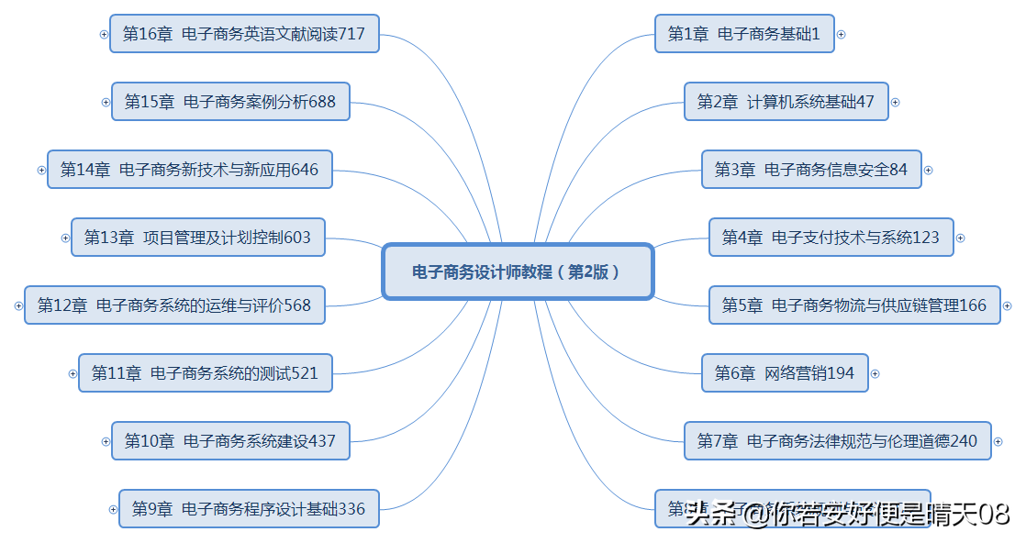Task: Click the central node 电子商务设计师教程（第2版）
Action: click(x=517, y=271)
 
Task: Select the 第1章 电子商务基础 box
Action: click(x=743, y=34)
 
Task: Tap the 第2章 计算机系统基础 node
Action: click(x=786, y=102)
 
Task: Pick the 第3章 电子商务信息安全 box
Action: click(x=810, y=170)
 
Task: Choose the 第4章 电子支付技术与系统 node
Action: click(x=831, y=238)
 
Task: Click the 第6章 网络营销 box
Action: click(x=784, y=373)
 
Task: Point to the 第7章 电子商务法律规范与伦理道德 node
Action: click(x=837, y=441)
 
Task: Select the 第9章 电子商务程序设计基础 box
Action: click(x=248, y=509)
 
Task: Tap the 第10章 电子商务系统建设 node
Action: click(x=229, y=441)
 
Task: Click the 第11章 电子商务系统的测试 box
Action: click(x=205, y=373)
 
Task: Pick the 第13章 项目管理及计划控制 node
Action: click(x=197, y=238)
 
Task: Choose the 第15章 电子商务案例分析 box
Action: click(x=229, y=102)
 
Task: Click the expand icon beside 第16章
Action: click(x=104, y=34)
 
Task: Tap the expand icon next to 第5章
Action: click(x=1007, y=305)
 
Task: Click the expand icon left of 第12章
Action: click(x=19, y=305)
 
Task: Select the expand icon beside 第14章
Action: click(x=41, y=170)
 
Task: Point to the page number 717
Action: click(x=351, y=34)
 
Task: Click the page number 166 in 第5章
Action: click(x=973, y=305)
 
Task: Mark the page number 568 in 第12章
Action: click(x=297, y=305)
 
